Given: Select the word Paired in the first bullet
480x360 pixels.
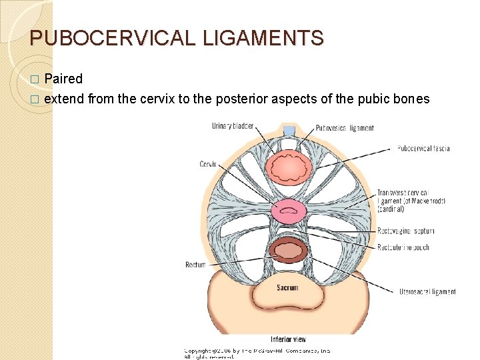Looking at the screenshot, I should (x=63, y=79).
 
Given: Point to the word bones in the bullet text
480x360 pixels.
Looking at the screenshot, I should (x=412, y=99).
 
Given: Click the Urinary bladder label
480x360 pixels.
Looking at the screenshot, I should (x=232, y=127).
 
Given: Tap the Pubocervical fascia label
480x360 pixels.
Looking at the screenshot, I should (x=423, y=148).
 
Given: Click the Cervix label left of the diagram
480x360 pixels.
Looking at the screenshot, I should (x=209, y=164).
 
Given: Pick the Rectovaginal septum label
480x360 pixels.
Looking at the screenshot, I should (x=405, y=231).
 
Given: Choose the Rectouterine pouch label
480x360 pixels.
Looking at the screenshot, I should (x=403, y=247).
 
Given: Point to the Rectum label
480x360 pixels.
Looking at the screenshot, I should (x=195, y=265).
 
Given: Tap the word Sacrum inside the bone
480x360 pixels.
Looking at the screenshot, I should (x=287, y=288).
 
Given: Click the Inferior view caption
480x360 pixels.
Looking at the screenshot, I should (x=288, y=339).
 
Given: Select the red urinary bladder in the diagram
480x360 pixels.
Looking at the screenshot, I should (x=288, y=168).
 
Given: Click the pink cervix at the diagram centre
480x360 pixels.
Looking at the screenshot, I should (x=288, y=213).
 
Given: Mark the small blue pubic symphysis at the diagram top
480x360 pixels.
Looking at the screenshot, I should (x=289, y=131).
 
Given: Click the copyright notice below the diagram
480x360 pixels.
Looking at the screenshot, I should (x=257, y=353).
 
